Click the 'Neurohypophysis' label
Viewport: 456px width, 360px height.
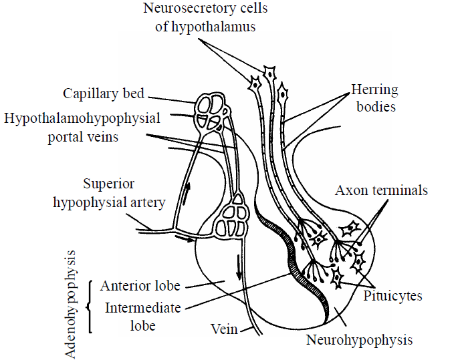(x=359, y=340)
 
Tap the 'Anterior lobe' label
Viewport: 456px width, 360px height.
(x=140, y=286)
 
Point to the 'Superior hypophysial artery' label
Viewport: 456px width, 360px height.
(x=109, y=193)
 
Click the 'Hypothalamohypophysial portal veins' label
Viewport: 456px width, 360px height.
(x=81, y=127)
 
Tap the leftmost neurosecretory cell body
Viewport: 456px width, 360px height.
(x=255, y=83)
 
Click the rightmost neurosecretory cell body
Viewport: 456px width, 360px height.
(x=283, y=93)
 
